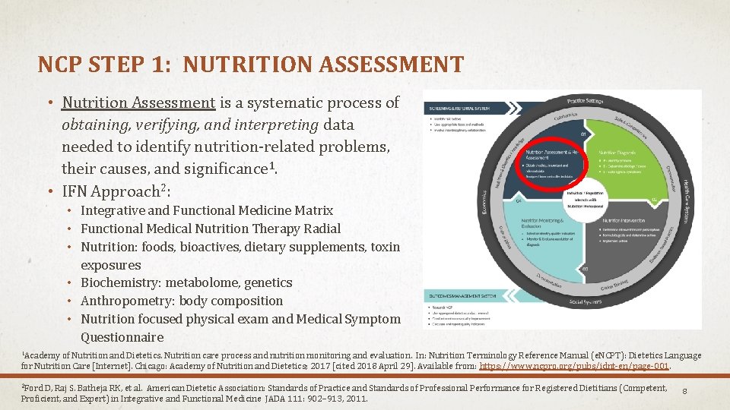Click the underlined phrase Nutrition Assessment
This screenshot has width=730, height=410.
coord(139,102)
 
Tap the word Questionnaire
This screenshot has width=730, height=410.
coord(122,337)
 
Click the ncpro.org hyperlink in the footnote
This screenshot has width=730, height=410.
coord(575,366)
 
